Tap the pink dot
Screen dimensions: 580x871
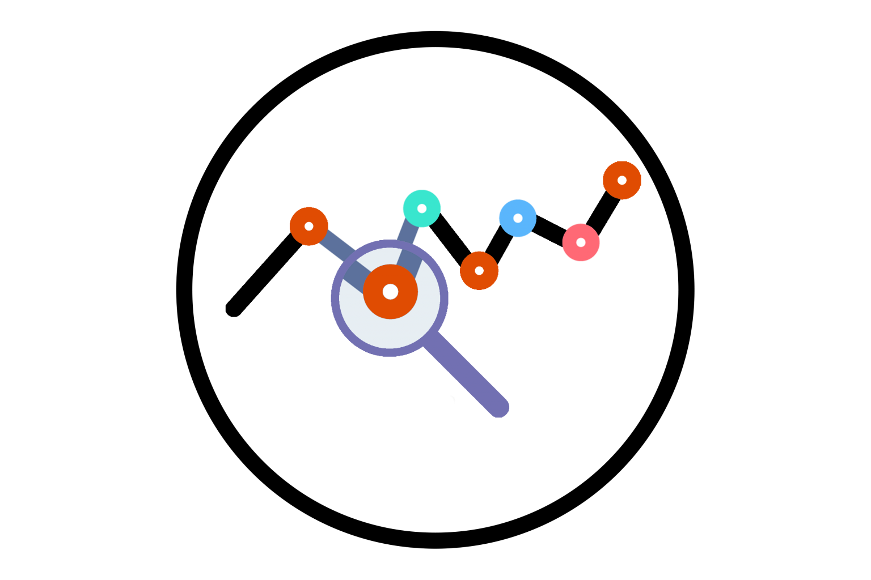[x=587, y=249]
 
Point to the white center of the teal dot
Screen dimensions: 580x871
[x=422, y=208]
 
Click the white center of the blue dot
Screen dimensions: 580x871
[x=518, y=218]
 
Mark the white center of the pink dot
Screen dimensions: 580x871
[x=581, y=242]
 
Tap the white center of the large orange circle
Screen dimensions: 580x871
[x=390, y=292]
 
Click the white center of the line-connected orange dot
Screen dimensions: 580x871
[x=309, y=226]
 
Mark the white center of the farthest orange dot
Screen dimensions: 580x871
[x=622, y=180]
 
